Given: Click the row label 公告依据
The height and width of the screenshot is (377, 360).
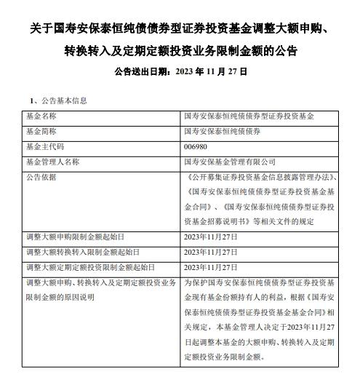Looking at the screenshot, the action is (41, 177).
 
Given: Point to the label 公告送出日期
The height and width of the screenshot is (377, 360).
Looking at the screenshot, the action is (143, 72).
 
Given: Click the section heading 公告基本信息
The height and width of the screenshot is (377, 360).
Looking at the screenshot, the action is (59, 100).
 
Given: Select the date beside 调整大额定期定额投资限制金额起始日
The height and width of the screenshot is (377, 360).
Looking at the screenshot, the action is (211, 266).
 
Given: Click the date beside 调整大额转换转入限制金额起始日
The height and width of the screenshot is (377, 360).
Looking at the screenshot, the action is (211, 252).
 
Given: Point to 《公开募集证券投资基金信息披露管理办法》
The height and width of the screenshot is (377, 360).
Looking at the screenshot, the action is (254, 177).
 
